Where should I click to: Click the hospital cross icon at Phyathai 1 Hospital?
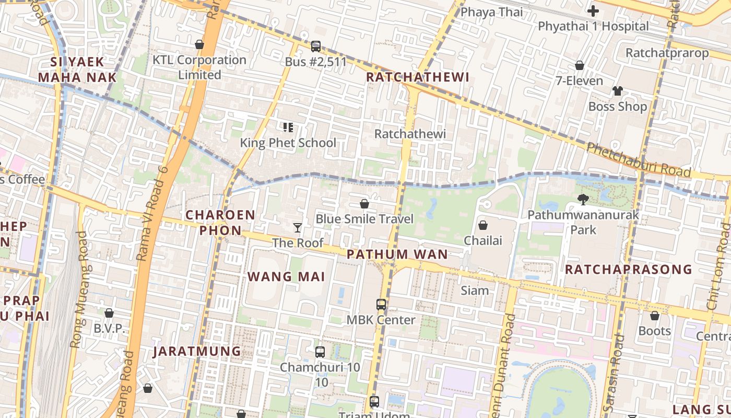point(593,11)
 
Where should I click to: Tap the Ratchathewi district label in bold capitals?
point(417,77)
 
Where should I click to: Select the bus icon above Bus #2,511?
point(316,47)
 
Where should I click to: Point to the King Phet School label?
point(288,143)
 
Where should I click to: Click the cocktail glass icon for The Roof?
point(298,227)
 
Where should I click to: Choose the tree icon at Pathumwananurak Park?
point(583,199)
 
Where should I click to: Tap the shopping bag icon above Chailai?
point(483,225)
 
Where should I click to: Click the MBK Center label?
point(381,320)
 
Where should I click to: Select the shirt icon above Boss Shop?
point(618,91)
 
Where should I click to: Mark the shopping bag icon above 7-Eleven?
point(579,65)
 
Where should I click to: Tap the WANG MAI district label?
point(286,277)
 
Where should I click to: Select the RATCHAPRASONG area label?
point(629,270)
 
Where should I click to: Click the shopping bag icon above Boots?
point(654,316)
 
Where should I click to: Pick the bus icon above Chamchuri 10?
point(320,352)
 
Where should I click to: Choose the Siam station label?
point(475,291)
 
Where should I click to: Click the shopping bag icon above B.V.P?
point(109,313)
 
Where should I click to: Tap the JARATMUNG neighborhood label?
point(197,351)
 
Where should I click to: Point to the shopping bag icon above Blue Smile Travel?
point(364,203)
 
